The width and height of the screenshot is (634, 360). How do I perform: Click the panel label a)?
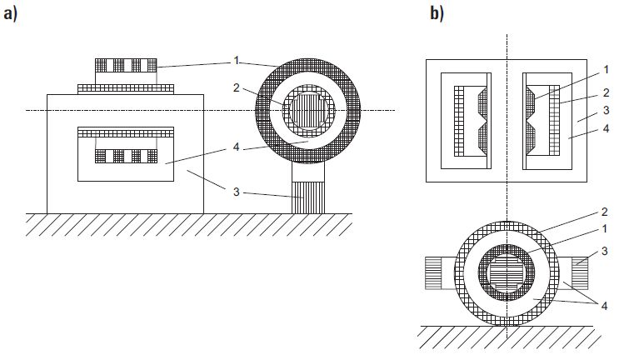tap(11, 14)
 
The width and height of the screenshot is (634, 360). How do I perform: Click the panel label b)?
tap(437, 14)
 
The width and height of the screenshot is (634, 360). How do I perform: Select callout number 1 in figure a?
tap(236, 61)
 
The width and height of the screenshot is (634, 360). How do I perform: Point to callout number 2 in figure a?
tap(236, 87)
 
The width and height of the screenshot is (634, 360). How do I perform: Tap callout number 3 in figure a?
tap(236, 192)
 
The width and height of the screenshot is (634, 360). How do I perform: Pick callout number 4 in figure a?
tap(236, 147)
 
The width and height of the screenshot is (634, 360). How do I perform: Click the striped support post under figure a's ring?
tap(308, 197)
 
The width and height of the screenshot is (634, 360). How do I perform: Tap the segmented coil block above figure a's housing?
tap(126, 66)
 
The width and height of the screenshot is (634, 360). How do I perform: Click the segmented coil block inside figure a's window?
tap(126, 156)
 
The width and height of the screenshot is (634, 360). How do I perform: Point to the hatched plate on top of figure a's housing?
tap(126, 89)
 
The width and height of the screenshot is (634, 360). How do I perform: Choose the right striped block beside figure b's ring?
tap(580, 273)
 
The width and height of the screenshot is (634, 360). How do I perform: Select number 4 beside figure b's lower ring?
tap(604, 306)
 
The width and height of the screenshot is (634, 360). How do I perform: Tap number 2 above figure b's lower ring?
tap(605, 212)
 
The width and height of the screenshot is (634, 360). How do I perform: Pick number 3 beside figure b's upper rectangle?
tap(606, 110)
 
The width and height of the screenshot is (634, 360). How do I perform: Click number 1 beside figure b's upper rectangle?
tap(606, 70)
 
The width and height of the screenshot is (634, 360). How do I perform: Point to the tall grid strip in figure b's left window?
tap(458, 121)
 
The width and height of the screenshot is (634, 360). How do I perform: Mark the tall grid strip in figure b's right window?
tap(555, 120)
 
